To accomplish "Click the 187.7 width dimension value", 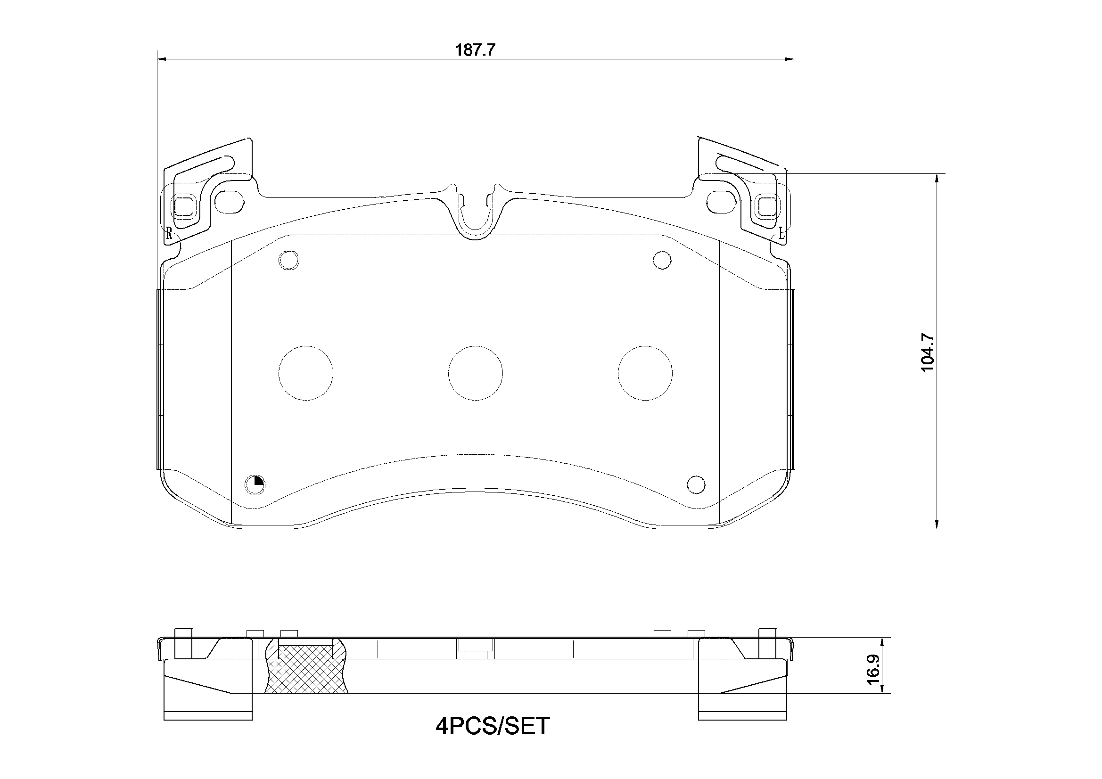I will (x=475, y=50).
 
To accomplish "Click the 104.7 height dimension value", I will (x=927, y=353).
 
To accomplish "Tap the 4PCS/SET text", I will (x=493, y=726).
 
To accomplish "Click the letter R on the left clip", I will (x=169, y=234).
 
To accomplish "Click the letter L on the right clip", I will (x=781, y=234).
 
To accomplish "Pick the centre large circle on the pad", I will (x=475, y=373).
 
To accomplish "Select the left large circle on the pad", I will (x=306, y=373).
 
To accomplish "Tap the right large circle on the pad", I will (x=645, y=373).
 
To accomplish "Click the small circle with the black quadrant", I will (x=255, y=484).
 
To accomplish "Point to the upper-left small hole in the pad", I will (x=289, y=260).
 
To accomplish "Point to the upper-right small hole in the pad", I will (x=662, y=260).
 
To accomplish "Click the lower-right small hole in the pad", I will (x=696, y=484).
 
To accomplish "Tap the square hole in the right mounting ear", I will (x=766, y=207).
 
